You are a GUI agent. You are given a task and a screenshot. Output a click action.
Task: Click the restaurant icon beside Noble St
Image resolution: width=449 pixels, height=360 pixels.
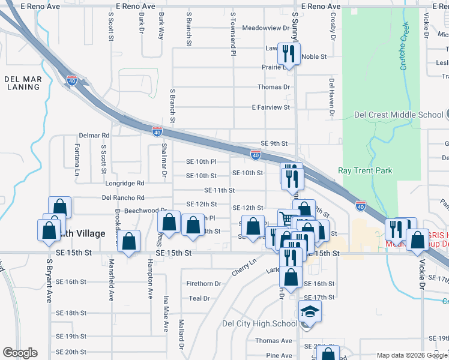pyautogui.click(x=289, y=54)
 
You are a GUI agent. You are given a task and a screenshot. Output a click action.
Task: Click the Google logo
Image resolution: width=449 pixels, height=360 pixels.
pyautogui.click(x=20, y=353)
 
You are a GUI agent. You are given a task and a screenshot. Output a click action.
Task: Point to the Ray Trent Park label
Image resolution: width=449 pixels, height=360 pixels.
pyautogui.click(x=365, y=171)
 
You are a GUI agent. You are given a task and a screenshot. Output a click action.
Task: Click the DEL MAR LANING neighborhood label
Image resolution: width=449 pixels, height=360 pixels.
pyautogui.click(x=22, y=83)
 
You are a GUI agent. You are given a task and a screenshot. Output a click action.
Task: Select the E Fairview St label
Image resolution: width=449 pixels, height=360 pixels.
pyautogui.click(x=271, y=107)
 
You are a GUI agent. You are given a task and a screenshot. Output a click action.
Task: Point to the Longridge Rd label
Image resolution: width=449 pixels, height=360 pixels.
pyautogui.click(x=125, y=183)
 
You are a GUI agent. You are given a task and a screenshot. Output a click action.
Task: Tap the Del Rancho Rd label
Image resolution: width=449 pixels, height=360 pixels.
pyautogui.click(x=124, y=197)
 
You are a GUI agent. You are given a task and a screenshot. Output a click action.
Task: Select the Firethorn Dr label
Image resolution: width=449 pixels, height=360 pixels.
pyautogui.click(x=200, y=284)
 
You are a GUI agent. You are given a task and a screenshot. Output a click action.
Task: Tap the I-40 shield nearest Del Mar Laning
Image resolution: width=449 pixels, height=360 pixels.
pyautogui.click(x=72, y=80)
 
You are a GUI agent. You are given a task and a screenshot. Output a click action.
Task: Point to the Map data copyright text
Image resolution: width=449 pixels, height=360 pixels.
pyautogui.click(x=412, y=355)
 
